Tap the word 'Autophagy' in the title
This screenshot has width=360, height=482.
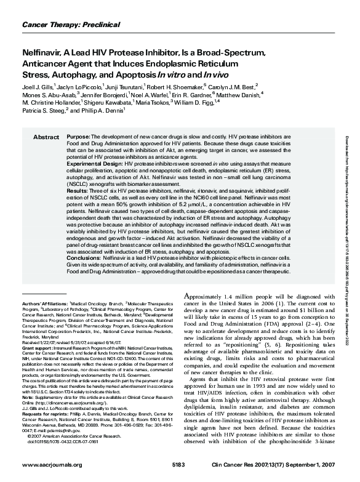point(63,74)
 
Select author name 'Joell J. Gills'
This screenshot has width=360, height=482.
point(39,87)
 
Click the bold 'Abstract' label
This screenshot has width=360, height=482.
point(46,136)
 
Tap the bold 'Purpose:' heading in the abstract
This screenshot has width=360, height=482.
point(78,136)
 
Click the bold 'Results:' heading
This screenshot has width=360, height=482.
point(77,192)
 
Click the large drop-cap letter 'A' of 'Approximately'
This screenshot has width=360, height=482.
point(189,297)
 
